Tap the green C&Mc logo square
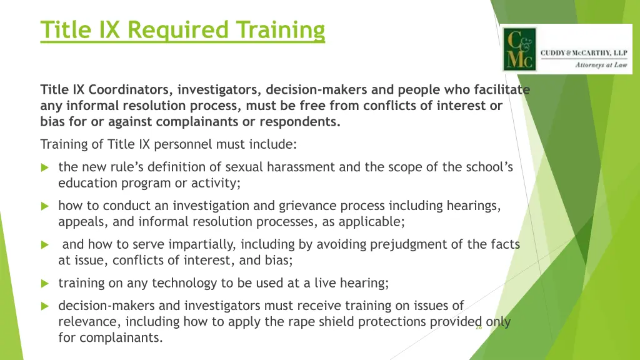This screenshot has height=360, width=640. pos(519,49)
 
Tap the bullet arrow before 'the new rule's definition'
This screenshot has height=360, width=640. pos(44,167)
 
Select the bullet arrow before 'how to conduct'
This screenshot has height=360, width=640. pos(44,206)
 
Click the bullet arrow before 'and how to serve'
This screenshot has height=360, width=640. pos(44,245)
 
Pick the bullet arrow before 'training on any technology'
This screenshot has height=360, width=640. pos(44,283)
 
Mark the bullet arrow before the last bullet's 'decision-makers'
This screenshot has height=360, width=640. pos(44,306)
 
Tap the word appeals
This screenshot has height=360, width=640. pos(79,222)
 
